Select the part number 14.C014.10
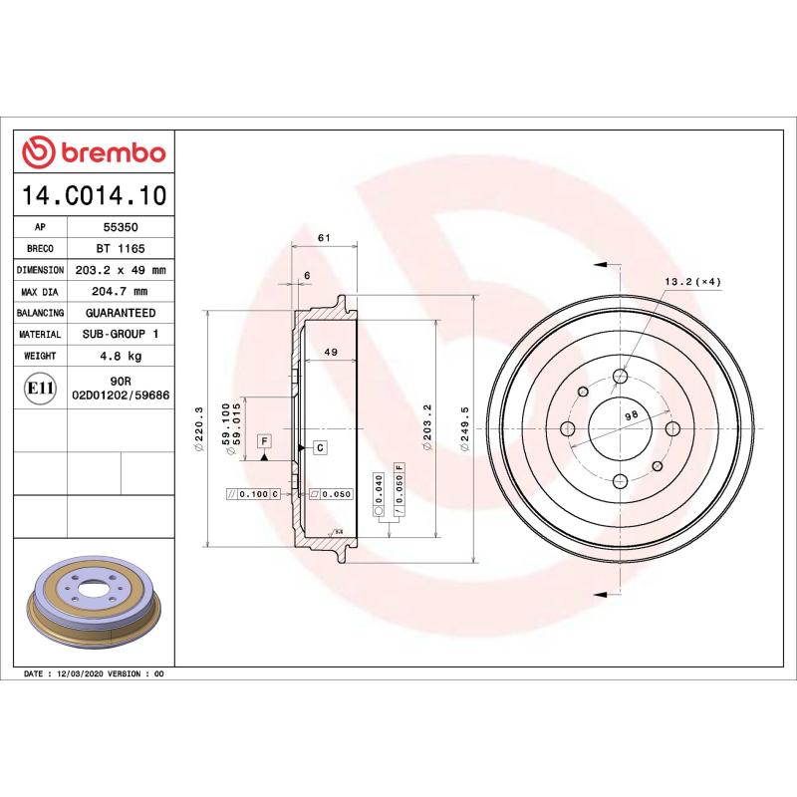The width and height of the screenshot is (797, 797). tap(95, 194)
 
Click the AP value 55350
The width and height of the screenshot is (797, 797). tap(120, 227)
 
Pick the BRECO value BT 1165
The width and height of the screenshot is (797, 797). tap(120, 248)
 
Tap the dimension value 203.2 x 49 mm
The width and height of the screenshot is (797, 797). tap(121, 270)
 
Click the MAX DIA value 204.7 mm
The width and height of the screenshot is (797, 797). tap(120, 291)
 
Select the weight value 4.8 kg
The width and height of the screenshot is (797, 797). tap(120, 355)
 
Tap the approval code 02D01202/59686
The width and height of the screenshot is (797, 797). tap(121, 396)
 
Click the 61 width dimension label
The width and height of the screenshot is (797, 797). tap(323, 237)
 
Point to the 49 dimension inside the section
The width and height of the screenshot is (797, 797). tap(331, 352)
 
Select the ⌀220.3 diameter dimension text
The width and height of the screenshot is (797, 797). tap(199, 429)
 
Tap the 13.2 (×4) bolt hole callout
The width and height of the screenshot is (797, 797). tap(692, 281)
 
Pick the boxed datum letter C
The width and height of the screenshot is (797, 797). tap(320, 447)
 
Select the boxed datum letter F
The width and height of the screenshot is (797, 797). tap(264, 439)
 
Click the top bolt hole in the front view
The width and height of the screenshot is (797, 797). tap(620, 377)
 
